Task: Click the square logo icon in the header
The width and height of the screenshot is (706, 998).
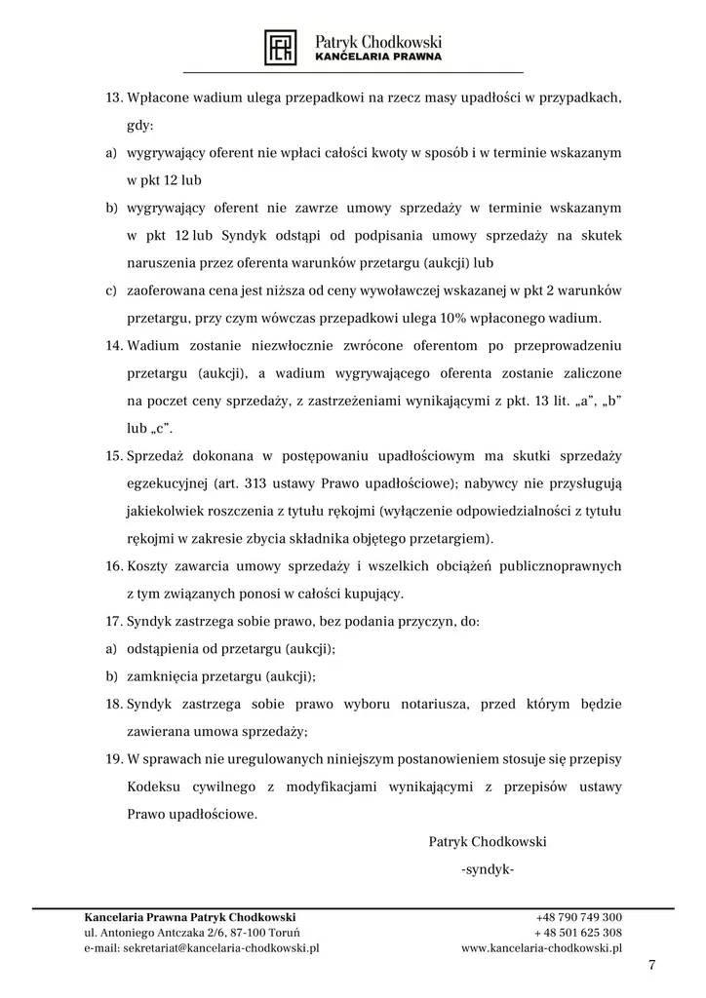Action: pyautogui.click(x=281, y=47)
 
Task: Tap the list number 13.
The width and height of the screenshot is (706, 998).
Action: pyautogui.click(x=113, y=99)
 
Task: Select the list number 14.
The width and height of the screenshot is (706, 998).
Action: pyautogui.click(x=113, y=346)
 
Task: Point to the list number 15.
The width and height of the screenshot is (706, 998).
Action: pyautogui.click(x=113, y=456)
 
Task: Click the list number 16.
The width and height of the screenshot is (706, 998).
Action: pyautogui.click(x=113, y=566)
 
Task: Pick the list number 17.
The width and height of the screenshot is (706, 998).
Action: pyautogui.click(x=113, y=621)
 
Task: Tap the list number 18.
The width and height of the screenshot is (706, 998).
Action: pyautogui.click(x=113, y=704)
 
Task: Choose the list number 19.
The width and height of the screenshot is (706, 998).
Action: pyautogui.click(x=113, y=758)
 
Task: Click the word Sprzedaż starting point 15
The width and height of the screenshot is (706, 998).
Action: pyautogui.click(x=158, y=456)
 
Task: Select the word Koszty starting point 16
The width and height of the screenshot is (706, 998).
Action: pyautogui.click(x=148, y=566)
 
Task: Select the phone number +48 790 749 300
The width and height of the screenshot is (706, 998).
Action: pyautogui.click(x=578, y=917)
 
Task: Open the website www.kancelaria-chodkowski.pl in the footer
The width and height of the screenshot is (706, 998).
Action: pyautogui.click(x=541, y=947)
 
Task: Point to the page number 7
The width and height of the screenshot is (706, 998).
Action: pyautogui.click(x=651, y=965)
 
